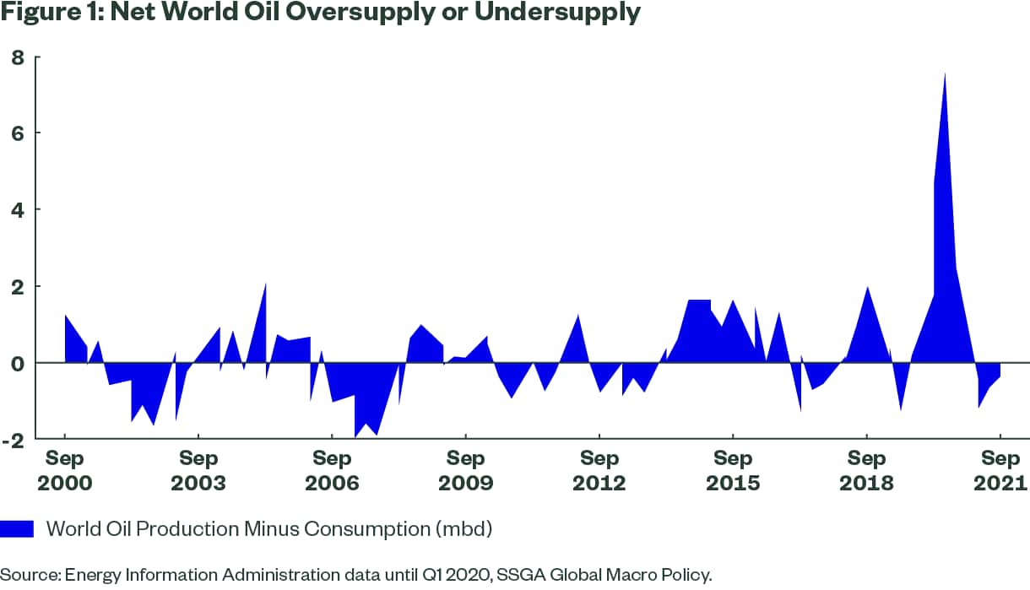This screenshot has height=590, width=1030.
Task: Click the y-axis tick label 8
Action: coord(17,57)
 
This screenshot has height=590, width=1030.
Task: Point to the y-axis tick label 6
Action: coord(17,133)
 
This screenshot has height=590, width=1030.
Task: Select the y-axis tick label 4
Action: coord(17,209)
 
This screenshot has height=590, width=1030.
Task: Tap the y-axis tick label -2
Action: coord(14,439)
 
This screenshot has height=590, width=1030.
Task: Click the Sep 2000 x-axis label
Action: coord(65,471)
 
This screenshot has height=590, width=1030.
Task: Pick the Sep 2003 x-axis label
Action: coord(198,471)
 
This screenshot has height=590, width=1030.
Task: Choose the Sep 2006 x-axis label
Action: coord(332,471)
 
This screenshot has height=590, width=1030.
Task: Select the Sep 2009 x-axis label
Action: coord(465,471)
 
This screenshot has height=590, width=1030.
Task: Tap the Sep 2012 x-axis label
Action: coord(599,471)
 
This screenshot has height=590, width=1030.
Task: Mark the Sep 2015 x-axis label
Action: coord(733,471)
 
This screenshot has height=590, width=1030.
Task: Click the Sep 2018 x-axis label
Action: coord(866,471)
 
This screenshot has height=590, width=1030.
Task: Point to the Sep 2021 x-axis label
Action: coord(1000,471)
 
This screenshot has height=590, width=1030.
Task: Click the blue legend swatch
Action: coord(17,529)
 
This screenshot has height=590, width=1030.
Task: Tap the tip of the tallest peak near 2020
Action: coord(944,73)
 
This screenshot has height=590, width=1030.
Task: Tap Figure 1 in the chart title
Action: coord(47,14)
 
